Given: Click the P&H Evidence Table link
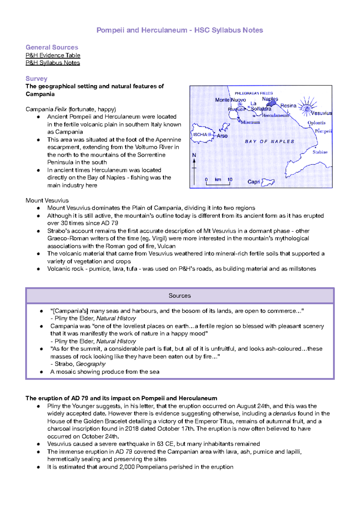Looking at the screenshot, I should coord(53,55).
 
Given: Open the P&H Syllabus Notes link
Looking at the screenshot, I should coord(53,63).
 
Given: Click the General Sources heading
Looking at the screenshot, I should coord(52,47).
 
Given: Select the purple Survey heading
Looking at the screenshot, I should coord(36,79).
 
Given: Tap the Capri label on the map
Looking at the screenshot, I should coord(253,182).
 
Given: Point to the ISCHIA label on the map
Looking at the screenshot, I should coord(200,135).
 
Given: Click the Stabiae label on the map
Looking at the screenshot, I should coord(320,152).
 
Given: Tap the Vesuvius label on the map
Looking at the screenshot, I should coord(321,113).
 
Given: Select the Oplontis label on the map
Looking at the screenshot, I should coord(316,123).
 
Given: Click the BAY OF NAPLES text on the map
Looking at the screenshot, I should coord(269,142).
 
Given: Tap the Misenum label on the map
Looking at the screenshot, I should coord(250,122).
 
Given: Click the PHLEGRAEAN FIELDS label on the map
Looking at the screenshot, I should coord(253,93).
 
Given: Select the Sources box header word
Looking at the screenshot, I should coord(179,296).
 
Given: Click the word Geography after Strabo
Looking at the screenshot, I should coord(91,364).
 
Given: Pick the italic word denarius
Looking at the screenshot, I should coord(284,414).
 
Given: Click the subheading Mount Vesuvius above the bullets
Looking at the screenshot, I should coord(47,200).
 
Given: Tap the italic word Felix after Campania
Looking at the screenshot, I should coord(61,109).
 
